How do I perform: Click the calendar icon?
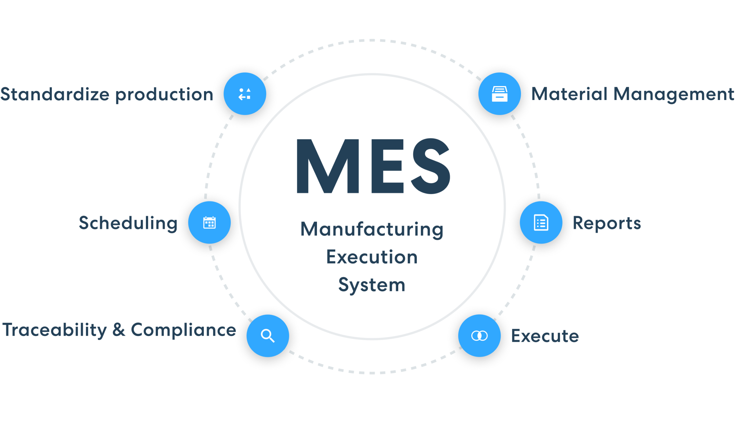[x=209, y=222]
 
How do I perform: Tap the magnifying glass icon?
[x=268, y=335]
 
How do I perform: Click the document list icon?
[x=541, y=222]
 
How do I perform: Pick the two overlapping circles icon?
[x=479, y=335]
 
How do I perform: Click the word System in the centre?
[x=372, y=285]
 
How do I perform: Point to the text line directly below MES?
[x=368, y=229]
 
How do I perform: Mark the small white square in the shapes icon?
[x=248, y=97]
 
